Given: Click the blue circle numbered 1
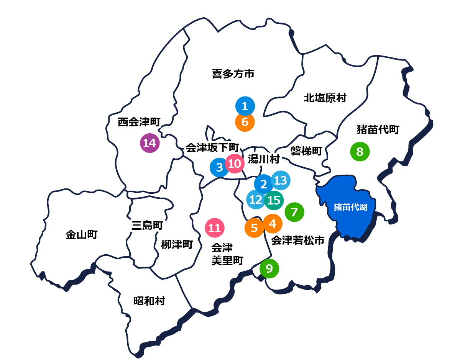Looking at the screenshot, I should click(x=245, y=106).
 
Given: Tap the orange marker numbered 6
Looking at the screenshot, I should click(x=245, y=122).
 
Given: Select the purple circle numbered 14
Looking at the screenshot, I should click(x=149, y=143).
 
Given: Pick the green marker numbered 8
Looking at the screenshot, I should click(x=360, y=152).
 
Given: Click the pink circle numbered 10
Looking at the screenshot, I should click(x=235, y=164).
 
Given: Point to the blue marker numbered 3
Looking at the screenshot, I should click(x=219, y=168).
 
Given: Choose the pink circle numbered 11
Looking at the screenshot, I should click(x=215, y=228).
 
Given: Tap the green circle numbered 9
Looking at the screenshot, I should click(x=269, y=269).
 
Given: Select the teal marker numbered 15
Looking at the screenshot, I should click(x=274, y=200).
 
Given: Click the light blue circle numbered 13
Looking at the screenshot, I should click(x=281, y=180).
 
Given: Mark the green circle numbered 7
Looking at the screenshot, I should click(x=294, y=212).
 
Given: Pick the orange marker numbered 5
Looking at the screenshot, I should click(x=254, y=228).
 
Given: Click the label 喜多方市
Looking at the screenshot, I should click(x=233, y=74).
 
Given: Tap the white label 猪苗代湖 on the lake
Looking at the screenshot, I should click(x=350, y=208).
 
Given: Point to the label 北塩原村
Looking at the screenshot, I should click(x=325, y=98).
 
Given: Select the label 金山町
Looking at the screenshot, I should click(x=82, y=235).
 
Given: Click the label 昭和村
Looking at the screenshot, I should click(x=149, y=301).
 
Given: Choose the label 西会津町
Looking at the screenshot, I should click(x=139, y=122).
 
